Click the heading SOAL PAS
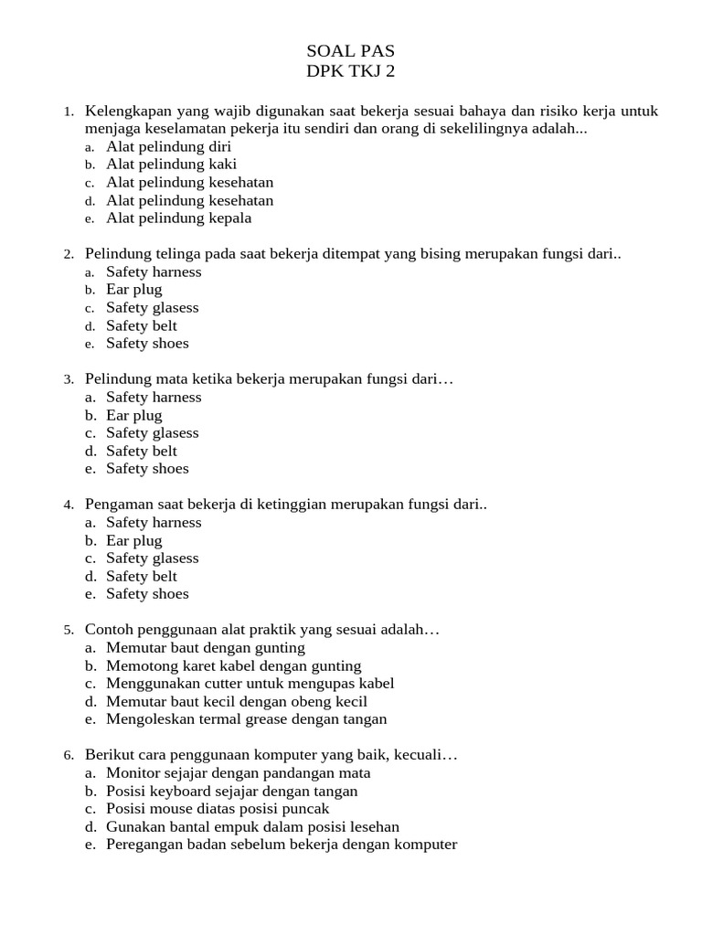pos(351,51)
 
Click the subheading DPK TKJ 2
pos(351,72)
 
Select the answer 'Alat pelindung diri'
pos(168,146)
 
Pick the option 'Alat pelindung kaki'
pos(171,165)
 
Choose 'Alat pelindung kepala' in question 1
pos(178,218)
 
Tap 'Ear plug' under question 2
pos(133,290)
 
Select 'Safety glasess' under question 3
pos(152,433)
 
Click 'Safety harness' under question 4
pos(154,523)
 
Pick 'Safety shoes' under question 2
pos(147,344)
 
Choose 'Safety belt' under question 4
pos(142,577)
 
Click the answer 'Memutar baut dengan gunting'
pos(205,648)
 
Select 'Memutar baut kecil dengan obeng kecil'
pos(236,702)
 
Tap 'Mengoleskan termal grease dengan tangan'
pos(246,719)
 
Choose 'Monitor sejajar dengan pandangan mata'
pos(238,773)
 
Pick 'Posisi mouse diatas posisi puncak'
pos(218,809)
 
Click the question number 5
pos(69,631)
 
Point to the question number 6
pos(69,756)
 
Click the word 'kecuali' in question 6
pos(415,755)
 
